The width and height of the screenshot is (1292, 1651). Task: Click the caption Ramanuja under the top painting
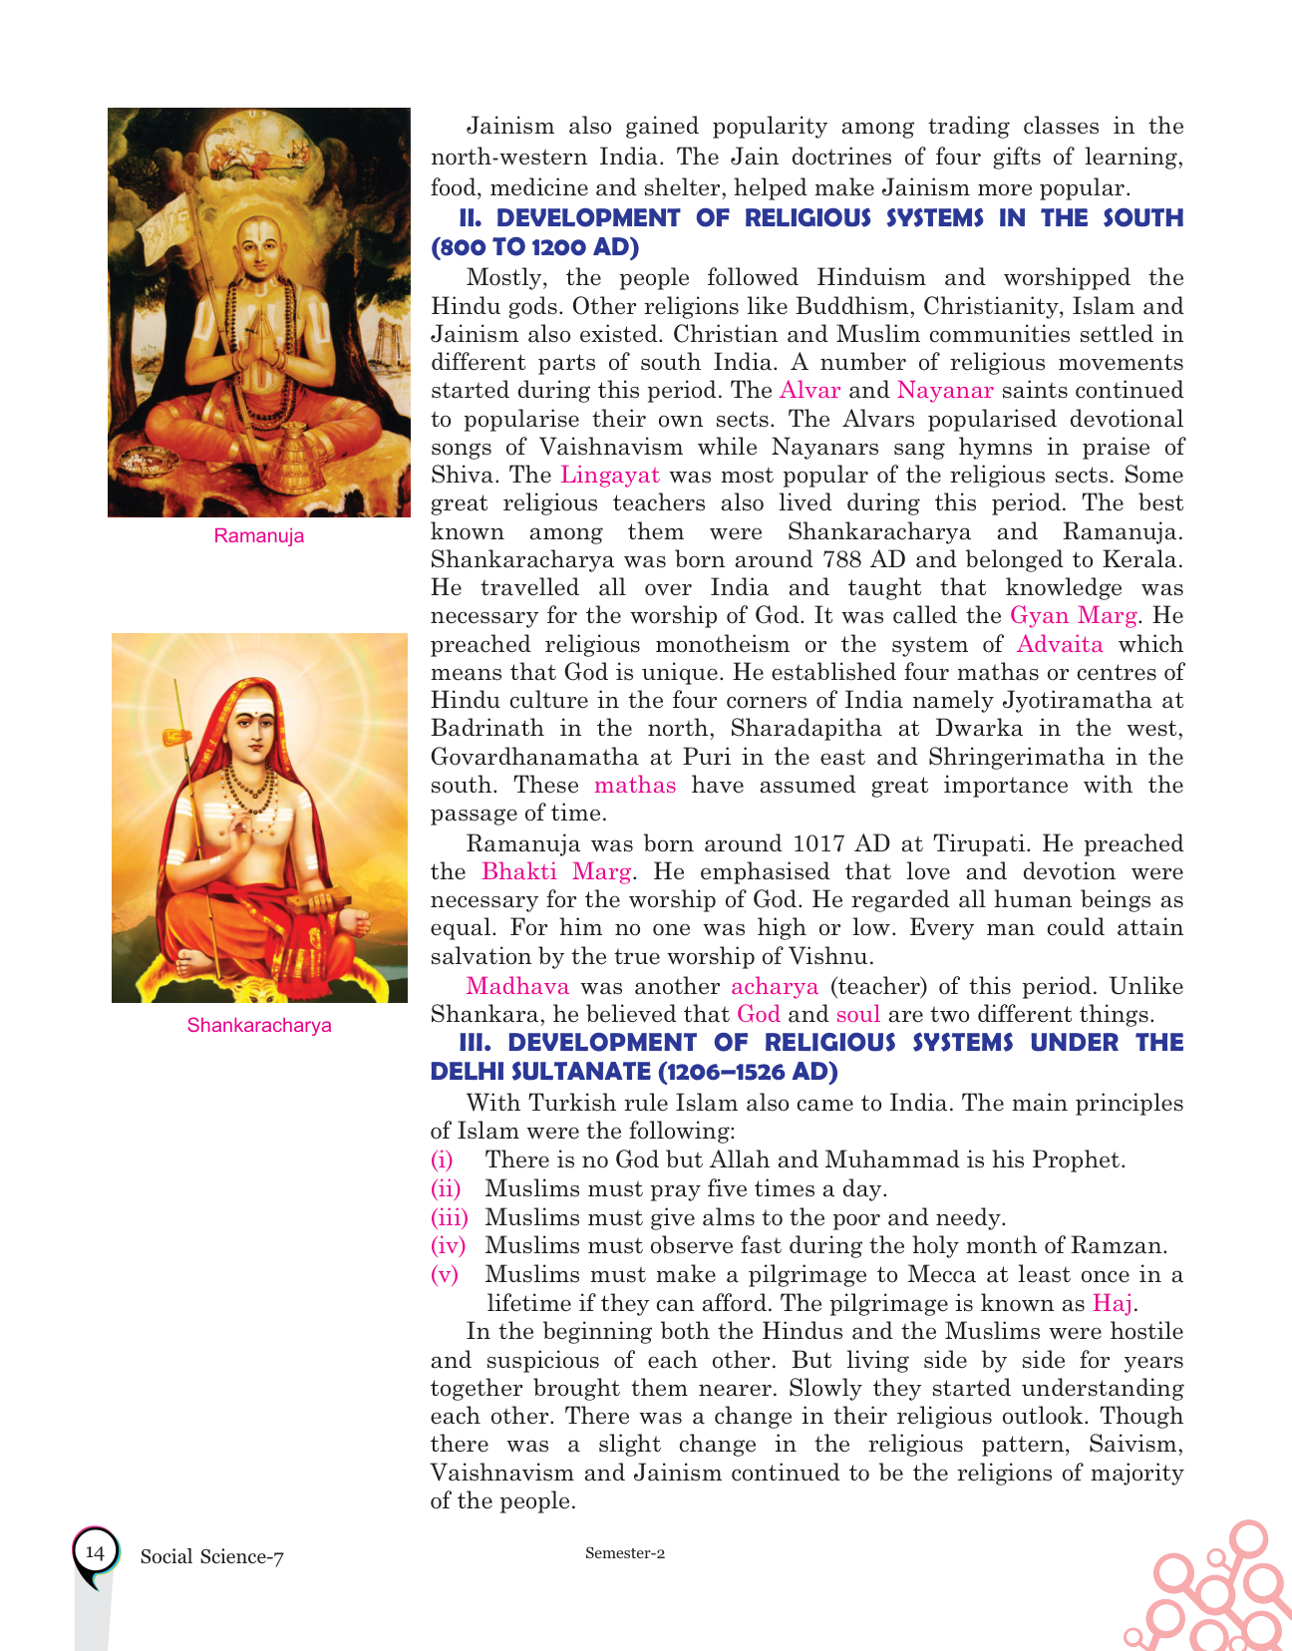pos(259,536)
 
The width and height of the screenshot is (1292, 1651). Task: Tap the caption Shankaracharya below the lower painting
pos(259,1026)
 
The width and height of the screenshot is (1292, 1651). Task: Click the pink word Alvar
pos(809,391)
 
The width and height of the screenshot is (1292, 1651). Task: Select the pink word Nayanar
pos(945,391)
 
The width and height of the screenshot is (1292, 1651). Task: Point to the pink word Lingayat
pos(610,476)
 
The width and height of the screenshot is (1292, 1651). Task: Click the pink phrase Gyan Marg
pos(1073,615)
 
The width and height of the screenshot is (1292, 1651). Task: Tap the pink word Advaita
pos(1060,644)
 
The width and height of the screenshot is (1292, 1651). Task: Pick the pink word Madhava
pos(517,987)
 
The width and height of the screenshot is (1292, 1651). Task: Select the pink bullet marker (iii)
pos(449,1217)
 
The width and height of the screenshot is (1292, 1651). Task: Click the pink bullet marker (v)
pos(445,1274)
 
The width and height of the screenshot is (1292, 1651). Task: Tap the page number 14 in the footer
pos(95,1552)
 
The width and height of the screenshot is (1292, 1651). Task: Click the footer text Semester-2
pos(625,1553)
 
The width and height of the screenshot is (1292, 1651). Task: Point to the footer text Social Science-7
pos(212,1557)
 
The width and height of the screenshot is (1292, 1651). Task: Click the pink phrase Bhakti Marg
pos(556,872)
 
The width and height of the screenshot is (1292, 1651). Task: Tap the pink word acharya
pos(775,987)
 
